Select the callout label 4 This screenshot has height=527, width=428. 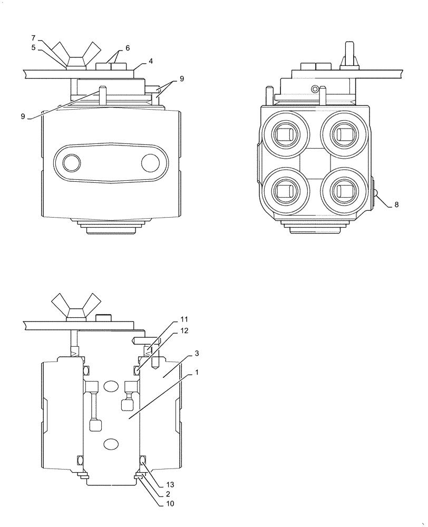(x=151, y=62)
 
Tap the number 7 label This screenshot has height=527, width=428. (x=33, y=38)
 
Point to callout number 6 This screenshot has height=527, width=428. (x=127, y=48)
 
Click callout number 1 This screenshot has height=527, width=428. (x=197, y=373)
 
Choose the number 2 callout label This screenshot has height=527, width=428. (x=167, y=494)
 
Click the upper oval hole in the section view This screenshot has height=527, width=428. (x=111, y=387)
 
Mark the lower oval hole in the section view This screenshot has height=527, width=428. (x=111, y=445)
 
